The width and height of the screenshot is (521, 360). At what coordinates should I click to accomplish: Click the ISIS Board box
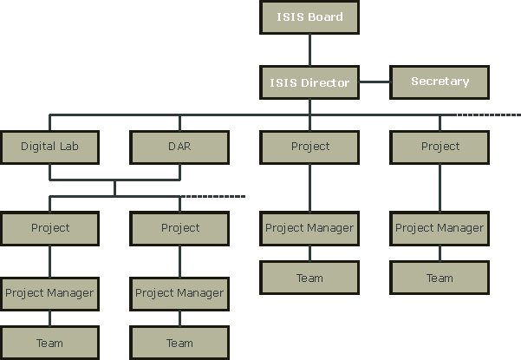[x=309, y=17]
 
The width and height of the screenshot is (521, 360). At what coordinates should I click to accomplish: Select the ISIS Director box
[x=309, y=83]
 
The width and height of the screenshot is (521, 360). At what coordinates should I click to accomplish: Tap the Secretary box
[x=440, y=82]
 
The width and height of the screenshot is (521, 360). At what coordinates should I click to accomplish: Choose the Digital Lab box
[x=49, y=147]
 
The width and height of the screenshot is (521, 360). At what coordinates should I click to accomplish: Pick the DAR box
[x=179, y=147]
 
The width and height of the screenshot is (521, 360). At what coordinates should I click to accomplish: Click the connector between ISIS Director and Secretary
[x=374, y=83]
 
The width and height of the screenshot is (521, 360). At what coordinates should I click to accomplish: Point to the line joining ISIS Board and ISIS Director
[x=309, y=49]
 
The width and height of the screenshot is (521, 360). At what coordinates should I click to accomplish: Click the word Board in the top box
[x=325, y=17]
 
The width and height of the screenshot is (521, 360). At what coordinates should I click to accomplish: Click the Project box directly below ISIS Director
[x=309, y=147]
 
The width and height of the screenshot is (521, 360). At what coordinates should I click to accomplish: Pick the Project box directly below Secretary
[x=440, y=147]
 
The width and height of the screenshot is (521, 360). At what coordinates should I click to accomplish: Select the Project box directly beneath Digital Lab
[x=49, y=228]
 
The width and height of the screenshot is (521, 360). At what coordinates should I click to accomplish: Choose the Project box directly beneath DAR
[x=179, y=228]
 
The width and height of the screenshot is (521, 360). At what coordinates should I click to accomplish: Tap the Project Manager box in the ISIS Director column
[x=309, y=228]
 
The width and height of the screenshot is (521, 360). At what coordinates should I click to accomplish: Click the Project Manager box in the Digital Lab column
[x=49, y=293]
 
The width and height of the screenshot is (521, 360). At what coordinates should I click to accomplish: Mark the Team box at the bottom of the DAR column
[x=179, y=343]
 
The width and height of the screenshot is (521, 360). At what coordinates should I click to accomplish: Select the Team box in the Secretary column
[x=440, y=278]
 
